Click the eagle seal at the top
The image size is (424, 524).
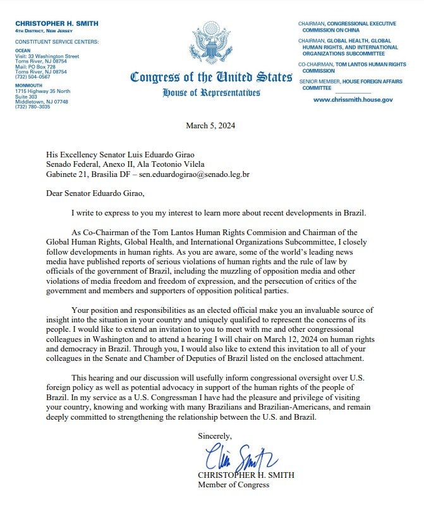(212, 42)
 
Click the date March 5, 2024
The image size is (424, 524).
(211, 126)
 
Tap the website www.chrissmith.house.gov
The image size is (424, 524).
(353, 100)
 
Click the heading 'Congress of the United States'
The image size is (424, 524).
(211, 78)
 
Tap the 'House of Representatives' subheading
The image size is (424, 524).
(211, 93)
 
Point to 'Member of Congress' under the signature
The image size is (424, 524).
(233, 485)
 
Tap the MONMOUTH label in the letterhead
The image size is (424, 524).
(29, 87)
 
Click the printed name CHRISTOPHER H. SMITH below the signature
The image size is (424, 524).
(246, 475)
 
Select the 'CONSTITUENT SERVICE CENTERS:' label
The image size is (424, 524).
(58, 42)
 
